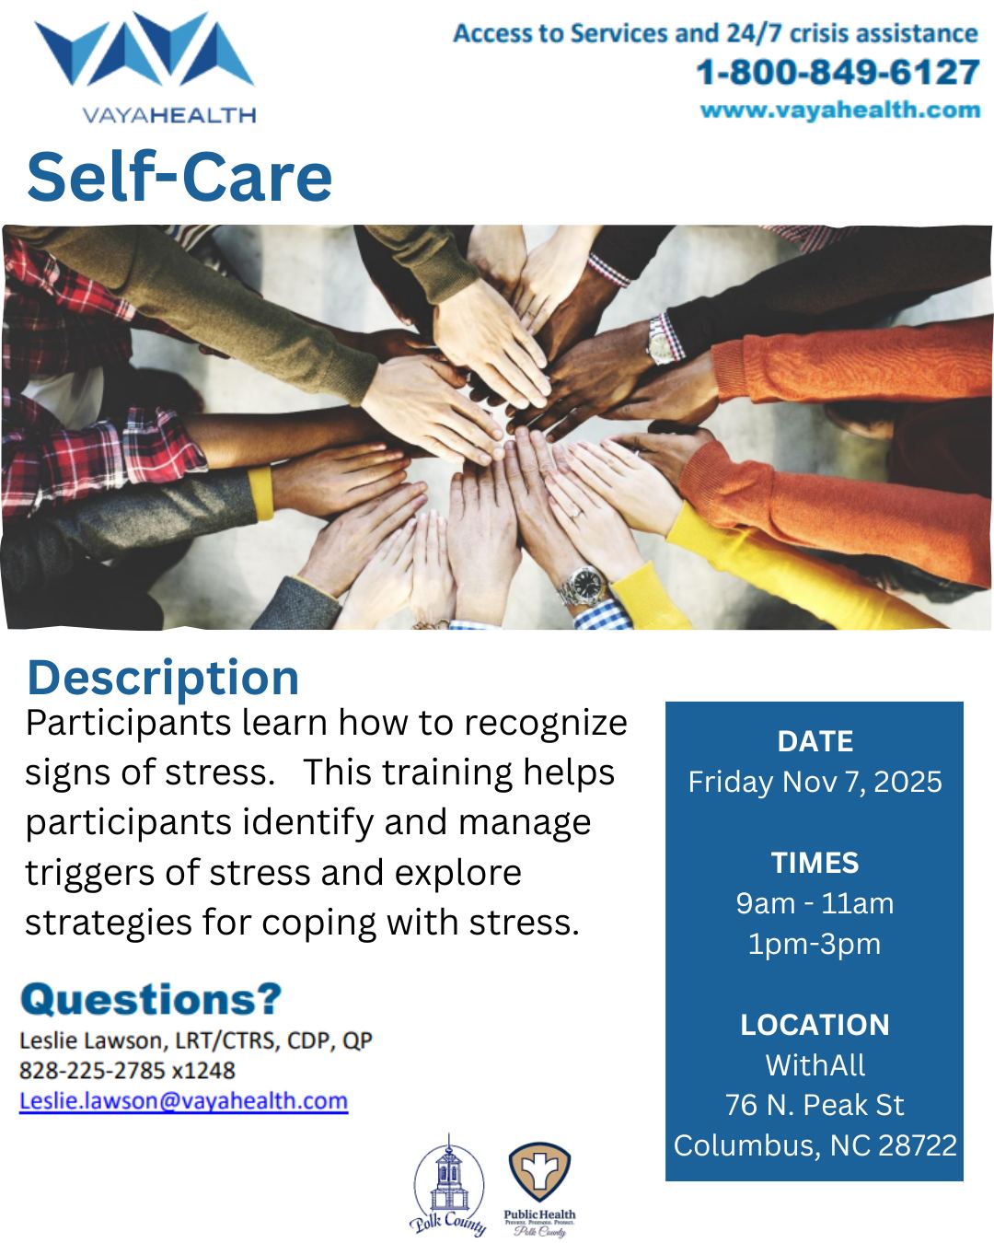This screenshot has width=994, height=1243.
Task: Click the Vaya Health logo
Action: (145, 67)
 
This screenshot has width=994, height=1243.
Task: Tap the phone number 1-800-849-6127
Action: (838, 72)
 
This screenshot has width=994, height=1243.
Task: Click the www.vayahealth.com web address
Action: (840, 110)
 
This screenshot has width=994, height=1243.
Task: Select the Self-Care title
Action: (179, 176)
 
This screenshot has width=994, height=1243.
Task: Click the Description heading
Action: (163, 677)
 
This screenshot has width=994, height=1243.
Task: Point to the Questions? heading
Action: (151, 999)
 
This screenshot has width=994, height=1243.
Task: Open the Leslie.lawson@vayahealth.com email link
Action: (184, 1100)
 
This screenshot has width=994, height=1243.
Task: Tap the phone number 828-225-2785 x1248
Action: (127, 1070)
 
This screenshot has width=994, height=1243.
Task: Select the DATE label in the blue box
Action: (815, 741)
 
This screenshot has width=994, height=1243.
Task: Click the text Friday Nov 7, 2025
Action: (815, 782)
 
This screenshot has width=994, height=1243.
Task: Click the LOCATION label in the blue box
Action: (815, 1025)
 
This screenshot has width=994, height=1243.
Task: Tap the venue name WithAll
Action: (815, 1064)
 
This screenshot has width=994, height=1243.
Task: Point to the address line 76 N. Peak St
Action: (815, 1104)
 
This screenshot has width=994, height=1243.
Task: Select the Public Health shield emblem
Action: (539, 1171)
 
